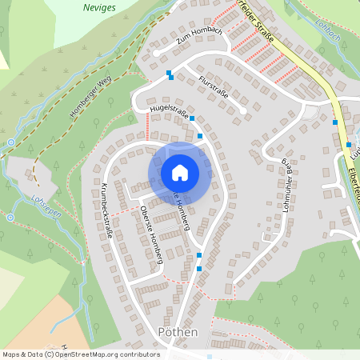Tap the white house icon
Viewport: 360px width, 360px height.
tap(180, 173)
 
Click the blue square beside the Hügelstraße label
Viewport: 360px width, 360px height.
tap(192, 118)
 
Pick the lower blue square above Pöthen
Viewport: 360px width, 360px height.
tap(199, 269)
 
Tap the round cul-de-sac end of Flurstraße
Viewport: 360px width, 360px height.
tap(242, 110)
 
